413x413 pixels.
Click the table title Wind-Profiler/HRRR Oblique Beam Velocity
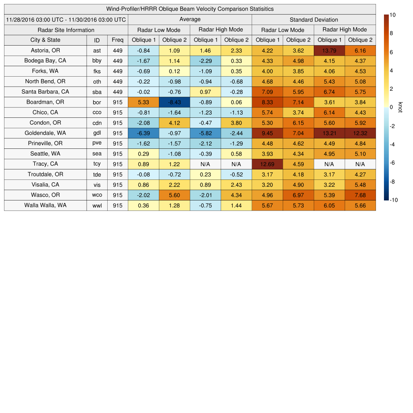[x=190, y=9]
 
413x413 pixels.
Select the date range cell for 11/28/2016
[x=66, y=19]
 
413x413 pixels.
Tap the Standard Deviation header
[x=314, y=19]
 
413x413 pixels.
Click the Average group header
[x=190, y=19]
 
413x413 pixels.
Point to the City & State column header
[x=45, y=40]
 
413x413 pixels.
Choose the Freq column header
[x=118, y=40]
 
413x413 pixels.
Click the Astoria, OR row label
[x=45, y=50]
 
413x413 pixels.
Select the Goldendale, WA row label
[x=45, y=133]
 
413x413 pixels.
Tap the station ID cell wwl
[x=97, y=206]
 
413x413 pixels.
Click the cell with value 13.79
[x=329, y=50]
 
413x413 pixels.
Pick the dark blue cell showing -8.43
[x=174, y=102]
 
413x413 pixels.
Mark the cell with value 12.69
[x=267, y=164]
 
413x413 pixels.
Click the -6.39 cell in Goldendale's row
[x=143, y=133]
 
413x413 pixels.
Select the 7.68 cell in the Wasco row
[x=360, y=195]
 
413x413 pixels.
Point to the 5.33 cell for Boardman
[x=143, y=102]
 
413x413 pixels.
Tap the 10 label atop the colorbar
[x=392, y=15]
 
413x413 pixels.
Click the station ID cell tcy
[x=97, y=164]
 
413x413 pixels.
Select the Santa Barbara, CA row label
[x=45, y=92]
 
